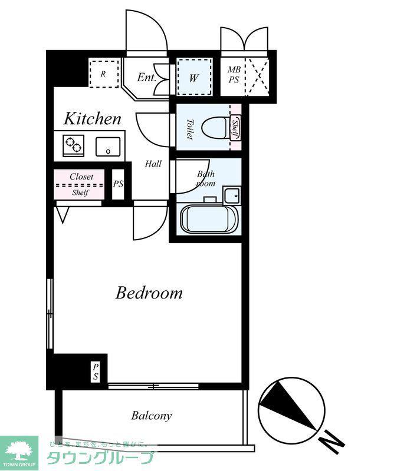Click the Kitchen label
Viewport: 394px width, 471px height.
click(x=93, y=119)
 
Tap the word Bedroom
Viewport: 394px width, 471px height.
click(x=149, y=293)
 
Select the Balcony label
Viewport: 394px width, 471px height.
click(x=152, y=416)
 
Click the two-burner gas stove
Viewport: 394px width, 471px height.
click(x=74, y=145)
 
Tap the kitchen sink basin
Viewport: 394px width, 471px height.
click(x=108, y=147)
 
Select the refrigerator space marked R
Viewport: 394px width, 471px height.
click(x=104, y=74)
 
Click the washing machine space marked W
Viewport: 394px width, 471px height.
click(x=194, y=77)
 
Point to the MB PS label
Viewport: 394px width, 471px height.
click(x=234, y=75)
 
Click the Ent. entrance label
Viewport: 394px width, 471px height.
click(x=147, y=78)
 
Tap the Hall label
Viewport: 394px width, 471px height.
click(x=153, y=164)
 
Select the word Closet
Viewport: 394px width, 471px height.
click(x=81, y=177)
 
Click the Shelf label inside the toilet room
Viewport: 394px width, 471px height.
click(x=235, y=128)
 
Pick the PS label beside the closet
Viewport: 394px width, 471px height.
click(x=119, y=184)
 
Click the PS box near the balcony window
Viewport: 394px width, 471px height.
click(x=96, y=372)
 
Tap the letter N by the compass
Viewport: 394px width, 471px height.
click(x=331, y=443)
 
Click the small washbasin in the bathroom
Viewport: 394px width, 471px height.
click(x=232, y=195)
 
